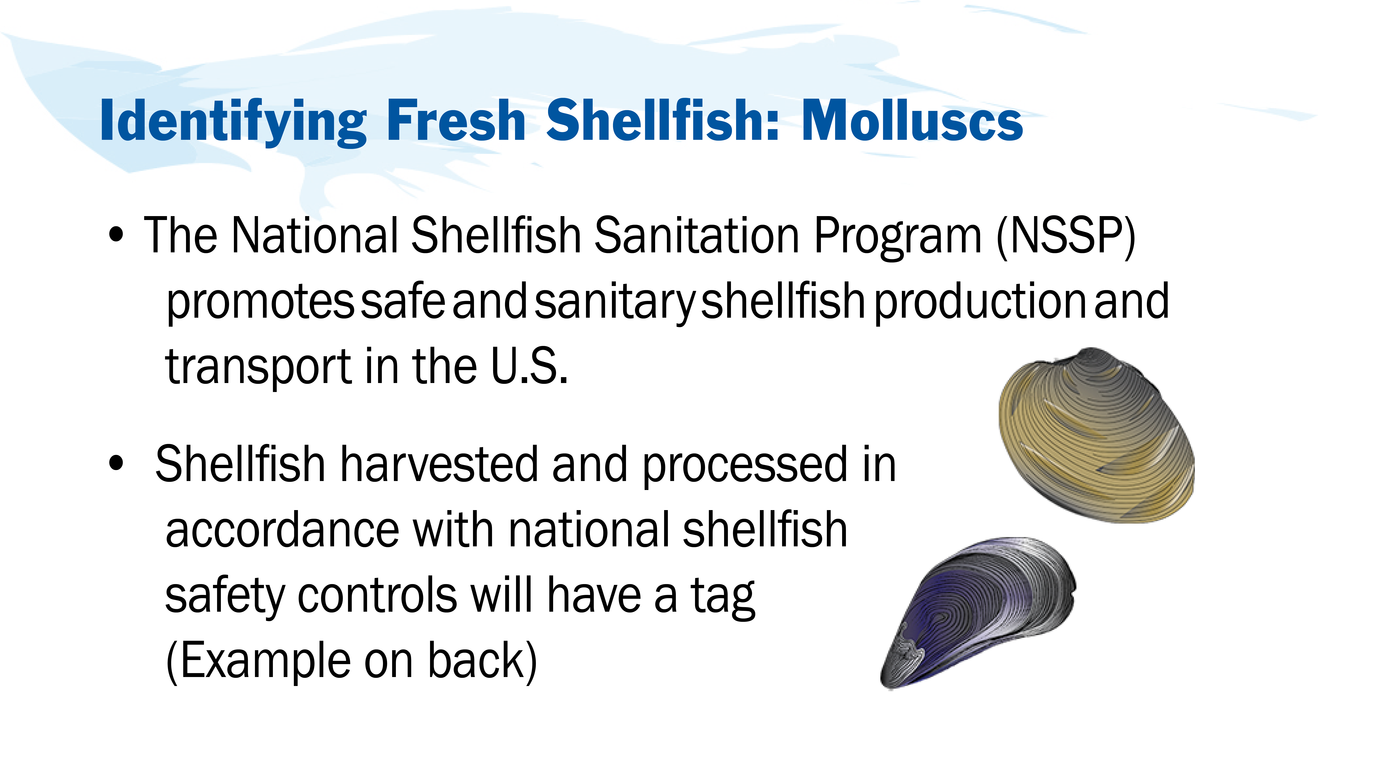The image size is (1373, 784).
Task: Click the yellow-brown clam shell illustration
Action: pyautogui.click(x=1097, y=435)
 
